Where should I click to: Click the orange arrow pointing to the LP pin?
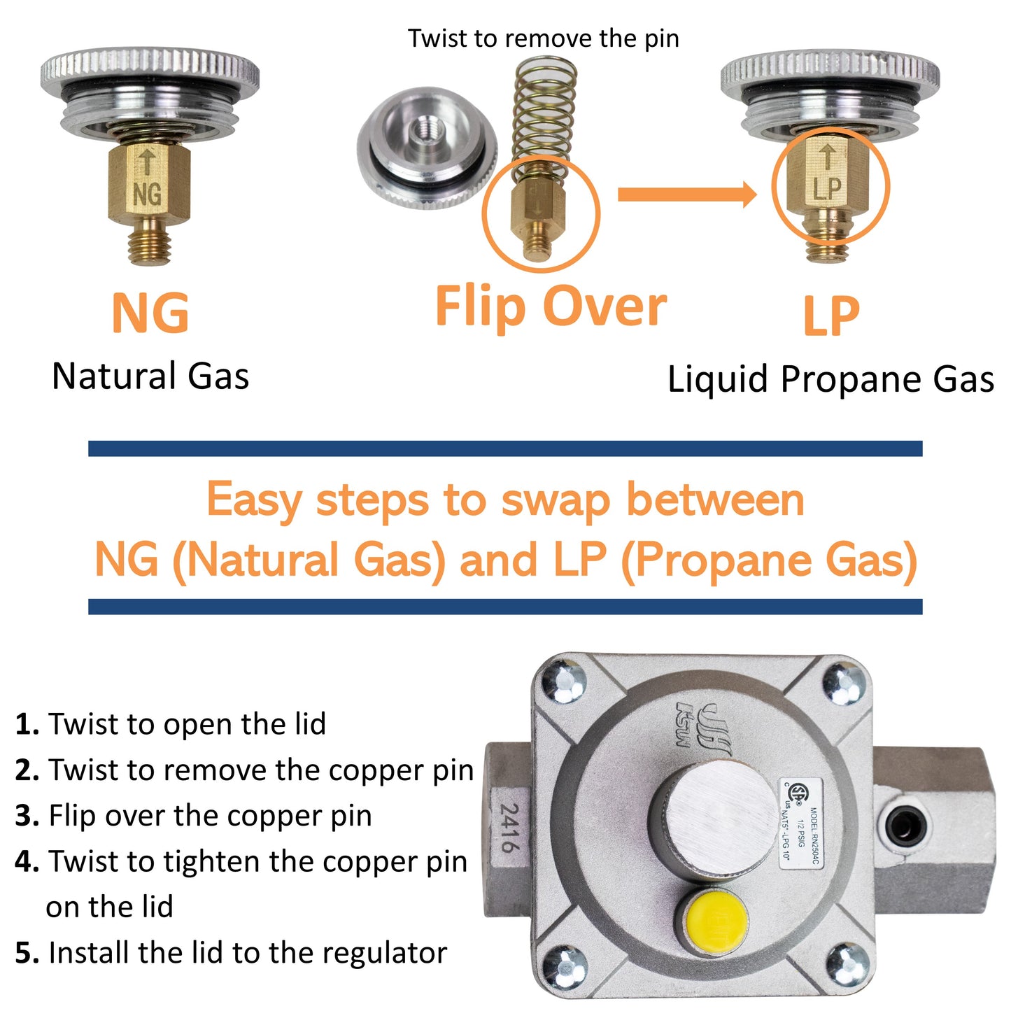point(686,195)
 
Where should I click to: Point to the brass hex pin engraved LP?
point(828,178)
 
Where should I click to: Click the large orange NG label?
point(150,313)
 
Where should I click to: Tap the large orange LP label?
point(830,316)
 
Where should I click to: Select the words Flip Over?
point(551,306)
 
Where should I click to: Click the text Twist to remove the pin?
point(544,38)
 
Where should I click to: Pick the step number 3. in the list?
point(27,816)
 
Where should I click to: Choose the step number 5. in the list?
point(27,953)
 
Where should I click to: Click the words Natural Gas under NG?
point(150,376)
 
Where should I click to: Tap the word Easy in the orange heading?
point(254,500)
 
